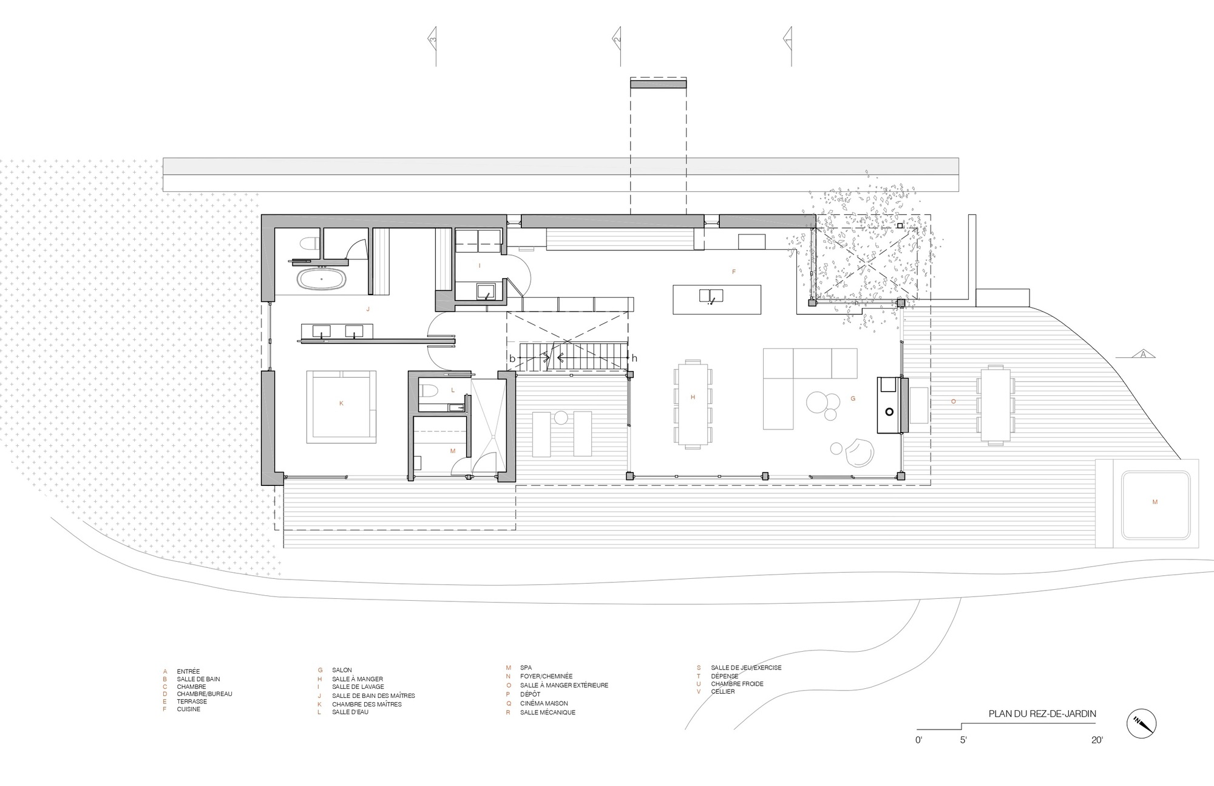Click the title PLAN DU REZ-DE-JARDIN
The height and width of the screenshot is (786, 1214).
pos(1042,714)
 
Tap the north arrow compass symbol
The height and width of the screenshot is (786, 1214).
pos(1142,724)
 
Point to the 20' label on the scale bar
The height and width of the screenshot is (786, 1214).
pos(1096,740)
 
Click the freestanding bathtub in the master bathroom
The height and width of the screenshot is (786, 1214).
pos(322,279)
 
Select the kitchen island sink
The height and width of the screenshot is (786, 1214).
pos(711,296)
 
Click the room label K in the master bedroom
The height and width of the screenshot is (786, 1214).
pos(341,403)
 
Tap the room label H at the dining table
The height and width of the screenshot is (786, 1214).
pos(693,397)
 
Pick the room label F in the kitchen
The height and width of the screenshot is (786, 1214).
pos(733,272)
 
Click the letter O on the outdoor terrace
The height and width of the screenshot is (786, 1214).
pos(953,402)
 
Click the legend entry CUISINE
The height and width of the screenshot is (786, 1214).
pos(189,709)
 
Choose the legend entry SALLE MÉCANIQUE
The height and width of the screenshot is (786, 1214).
pos(548,712)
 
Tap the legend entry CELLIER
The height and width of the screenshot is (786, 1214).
pos(723,691)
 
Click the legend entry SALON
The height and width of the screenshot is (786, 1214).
pos(342,670)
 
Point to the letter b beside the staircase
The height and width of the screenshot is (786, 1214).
pos(512,359)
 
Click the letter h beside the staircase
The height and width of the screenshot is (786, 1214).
pos(634,358)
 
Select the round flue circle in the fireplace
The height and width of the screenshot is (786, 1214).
pos(889,412)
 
